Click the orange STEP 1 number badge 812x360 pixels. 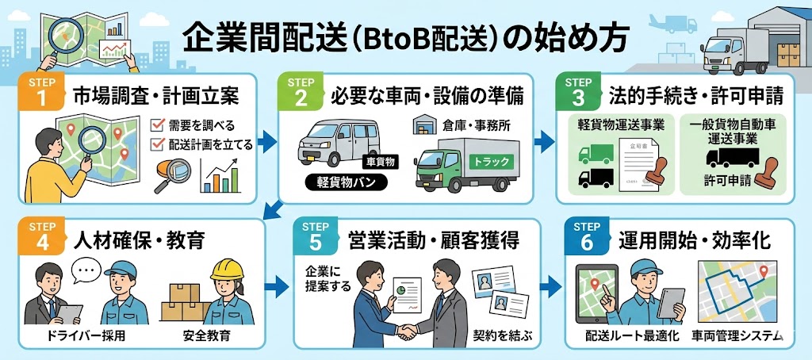(x=36, y=94)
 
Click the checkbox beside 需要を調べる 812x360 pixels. (x=157, y=124)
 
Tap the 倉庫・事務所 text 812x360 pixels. (x=477, y=125)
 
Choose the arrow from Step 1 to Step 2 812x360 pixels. (x=268, y=143)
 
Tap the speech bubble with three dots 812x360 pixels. (x=86, y=269)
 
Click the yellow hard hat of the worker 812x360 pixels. (x=227, y=269)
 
